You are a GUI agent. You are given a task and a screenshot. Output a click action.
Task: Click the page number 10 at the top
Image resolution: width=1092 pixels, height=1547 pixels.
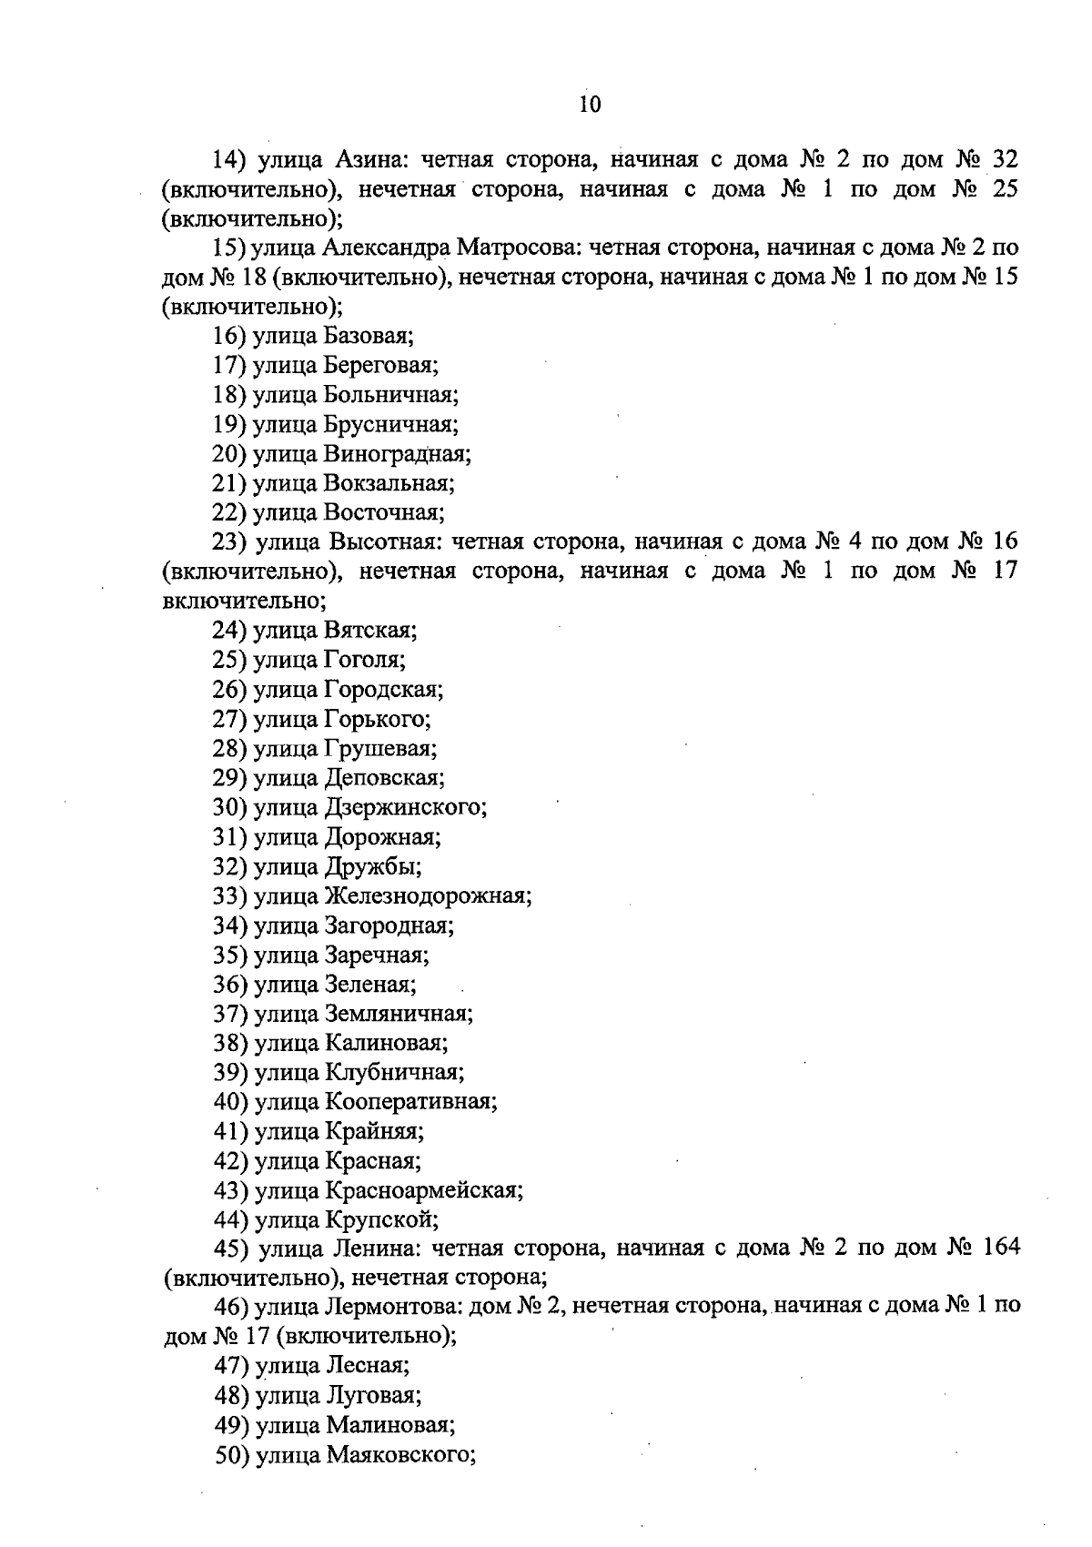point(590,105)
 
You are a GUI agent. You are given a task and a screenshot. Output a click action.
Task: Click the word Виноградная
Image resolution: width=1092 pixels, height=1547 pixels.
point(398,453)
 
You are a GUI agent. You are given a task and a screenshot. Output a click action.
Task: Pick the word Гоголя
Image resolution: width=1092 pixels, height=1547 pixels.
point(364,659)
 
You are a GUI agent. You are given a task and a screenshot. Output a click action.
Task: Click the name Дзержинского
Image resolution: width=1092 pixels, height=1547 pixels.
point(404,807)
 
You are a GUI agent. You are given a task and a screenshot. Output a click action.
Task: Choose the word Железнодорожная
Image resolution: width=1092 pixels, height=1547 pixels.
point(427,896)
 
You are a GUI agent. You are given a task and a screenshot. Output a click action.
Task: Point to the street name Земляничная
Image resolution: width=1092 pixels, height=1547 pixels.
point(398,1014)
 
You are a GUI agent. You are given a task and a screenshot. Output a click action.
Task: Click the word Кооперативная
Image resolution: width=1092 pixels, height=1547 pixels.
point(410,1102)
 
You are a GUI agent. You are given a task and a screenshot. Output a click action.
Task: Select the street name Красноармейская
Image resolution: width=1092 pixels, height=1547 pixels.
point(423,1190)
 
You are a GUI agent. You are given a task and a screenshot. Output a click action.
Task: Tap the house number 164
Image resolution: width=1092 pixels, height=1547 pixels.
point(1000,1248)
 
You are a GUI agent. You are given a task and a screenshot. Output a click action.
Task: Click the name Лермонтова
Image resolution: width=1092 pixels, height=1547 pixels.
point(392,1307)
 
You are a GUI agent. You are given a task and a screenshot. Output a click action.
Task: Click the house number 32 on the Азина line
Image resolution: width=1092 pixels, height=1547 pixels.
point(1004,160)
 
